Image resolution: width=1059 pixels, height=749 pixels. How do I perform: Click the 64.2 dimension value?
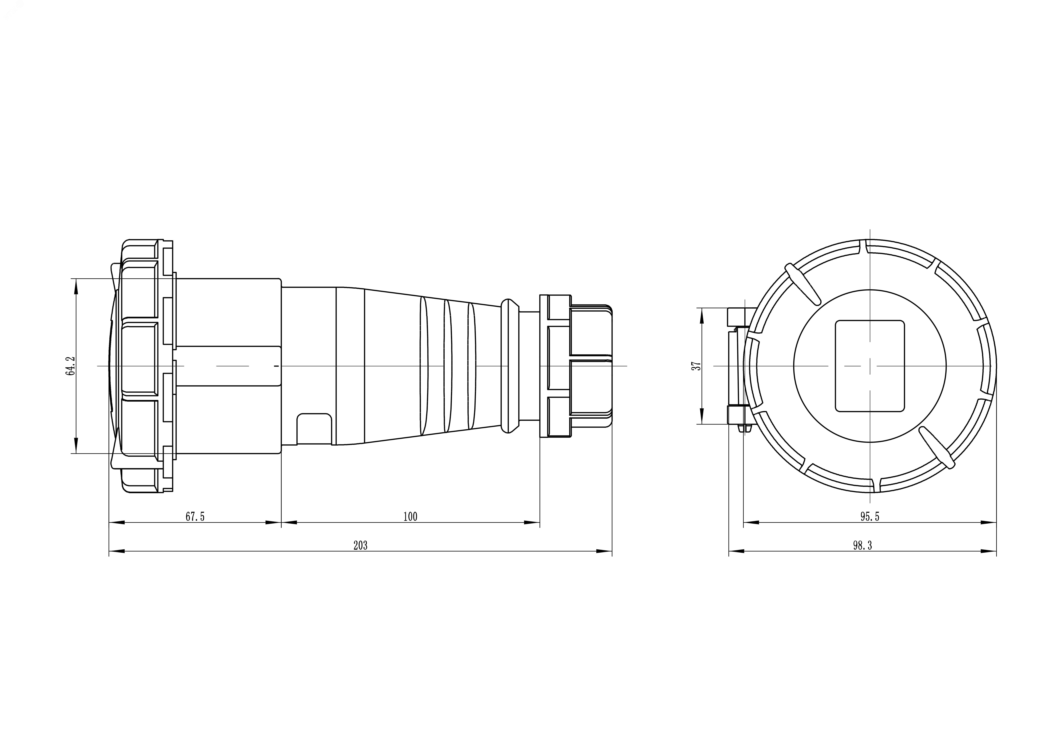click(71, 366)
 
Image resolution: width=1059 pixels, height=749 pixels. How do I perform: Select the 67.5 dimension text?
click(195, 517)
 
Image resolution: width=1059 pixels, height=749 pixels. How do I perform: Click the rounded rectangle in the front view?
click(870, 366)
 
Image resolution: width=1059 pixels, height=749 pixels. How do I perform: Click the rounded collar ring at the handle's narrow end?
click(510, 366)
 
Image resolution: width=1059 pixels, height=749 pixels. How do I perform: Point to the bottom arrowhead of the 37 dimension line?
click(701, 416)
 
